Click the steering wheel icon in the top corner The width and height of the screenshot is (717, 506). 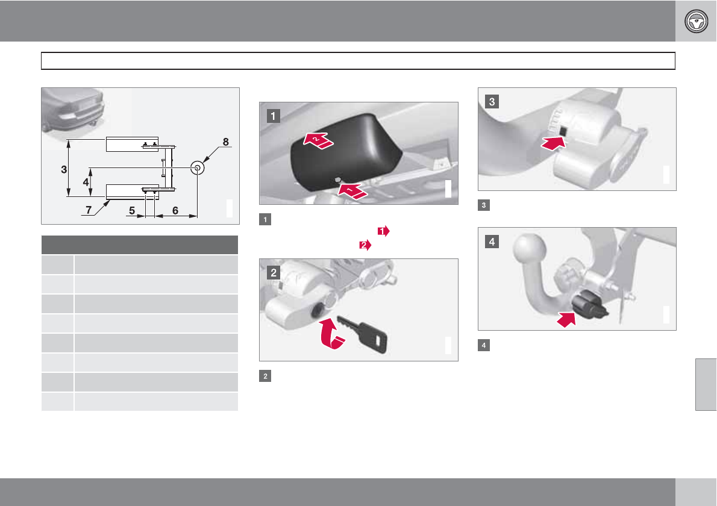(696, 21)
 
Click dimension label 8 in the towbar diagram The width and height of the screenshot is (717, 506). (225, 142)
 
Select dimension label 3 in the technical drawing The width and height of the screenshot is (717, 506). (64, 170)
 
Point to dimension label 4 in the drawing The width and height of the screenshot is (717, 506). (86, 182)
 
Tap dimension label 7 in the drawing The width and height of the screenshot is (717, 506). (89, 210)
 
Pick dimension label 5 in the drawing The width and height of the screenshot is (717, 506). (132, 210)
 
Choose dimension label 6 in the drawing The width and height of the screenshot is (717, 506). (175, 210)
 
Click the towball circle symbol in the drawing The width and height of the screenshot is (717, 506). (197, 167)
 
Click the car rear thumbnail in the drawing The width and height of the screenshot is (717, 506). (73, 110)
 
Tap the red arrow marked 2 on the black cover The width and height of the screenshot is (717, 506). (319, 140)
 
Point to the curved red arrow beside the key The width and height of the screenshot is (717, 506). (331, 334)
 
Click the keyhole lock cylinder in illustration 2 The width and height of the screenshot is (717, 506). (316, 311)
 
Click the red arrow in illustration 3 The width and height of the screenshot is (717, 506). (553, 143)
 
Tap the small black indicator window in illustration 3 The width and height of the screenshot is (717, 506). (563, 131)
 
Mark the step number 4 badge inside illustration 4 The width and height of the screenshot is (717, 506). (492, 242)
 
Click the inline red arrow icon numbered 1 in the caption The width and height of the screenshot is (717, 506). (383, 231)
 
